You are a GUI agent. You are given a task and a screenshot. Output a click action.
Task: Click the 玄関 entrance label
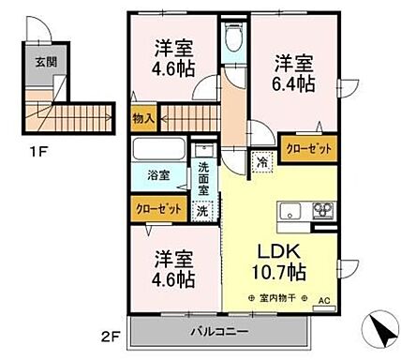click(x=45, y=63)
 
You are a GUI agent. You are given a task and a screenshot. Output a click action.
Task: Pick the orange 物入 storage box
click(x=143, y=118)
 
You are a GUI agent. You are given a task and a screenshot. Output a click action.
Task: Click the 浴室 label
click(x=157, y=175)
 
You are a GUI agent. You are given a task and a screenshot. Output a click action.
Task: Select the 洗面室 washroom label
click(x=204, y=177)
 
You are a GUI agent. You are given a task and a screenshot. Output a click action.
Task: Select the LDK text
click(x=280, y=252)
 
